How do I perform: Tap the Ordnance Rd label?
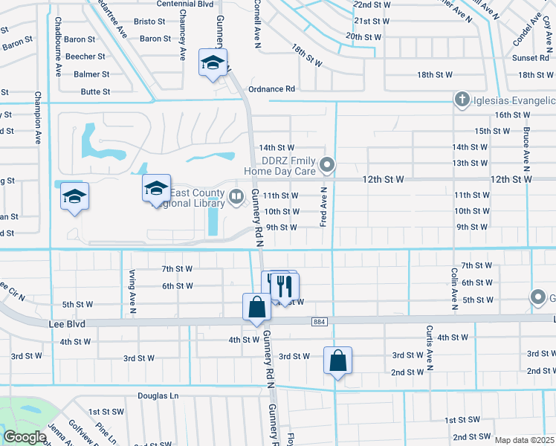pyautogui.click(x=271, y=88)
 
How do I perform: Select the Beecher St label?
pyautogui.click(x=84, y=56)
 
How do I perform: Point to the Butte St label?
pyautogui.click(x=95, y=92)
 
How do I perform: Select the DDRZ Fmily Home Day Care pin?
pyautogui.click(x=327, y=164)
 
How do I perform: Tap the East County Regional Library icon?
pyautogui.click(x=236, y=196)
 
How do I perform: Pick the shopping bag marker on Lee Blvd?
pyautogui.click(x=256, y=306)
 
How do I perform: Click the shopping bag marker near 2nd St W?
pyautogui.click(x=337, y=361)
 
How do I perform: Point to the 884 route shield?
pyautogui.click(x=317, y=320)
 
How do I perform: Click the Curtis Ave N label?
pyautogui.click(x=430, y=347)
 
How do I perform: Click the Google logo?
pyautogui.click(x=25, y=437)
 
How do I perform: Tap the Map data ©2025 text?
pyautogui.click(x=524, y=440)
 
